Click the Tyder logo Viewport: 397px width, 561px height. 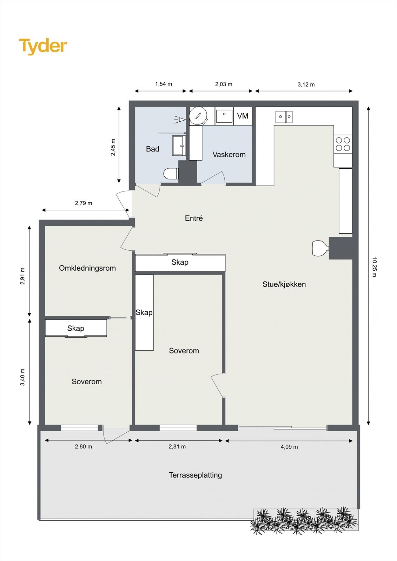pos(43,46)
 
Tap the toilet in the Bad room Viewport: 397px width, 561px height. pos(171,174)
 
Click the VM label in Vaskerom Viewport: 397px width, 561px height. pos(243,116)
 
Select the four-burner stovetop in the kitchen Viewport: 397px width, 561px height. pos(343,144)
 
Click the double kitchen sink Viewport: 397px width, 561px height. pos(284,117)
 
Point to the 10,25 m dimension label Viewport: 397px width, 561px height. pos(374,267)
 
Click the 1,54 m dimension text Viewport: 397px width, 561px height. pos(164,84)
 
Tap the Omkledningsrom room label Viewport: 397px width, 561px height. pos(87,268)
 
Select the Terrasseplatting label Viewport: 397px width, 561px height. pos(195,475)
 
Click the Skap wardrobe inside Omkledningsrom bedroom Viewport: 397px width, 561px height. pos(76,328)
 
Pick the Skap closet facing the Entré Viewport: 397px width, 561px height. pos(180,263)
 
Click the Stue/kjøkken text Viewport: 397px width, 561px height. pos(284,284)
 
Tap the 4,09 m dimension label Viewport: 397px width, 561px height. pos(289,447)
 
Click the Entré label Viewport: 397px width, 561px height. pos(194,218)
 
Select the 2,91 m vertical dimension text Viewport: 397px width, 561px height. pos(23,276)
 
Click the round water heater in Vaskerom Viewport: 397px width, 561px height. pos(198,116)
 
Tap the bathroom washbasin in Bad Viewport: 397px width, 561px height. pos(179,146)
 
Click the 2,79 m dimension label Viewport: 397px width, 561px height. pos(84,203)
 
